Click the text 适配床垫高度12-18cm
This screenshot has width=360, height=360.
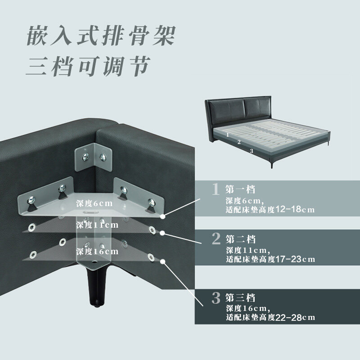(x=270, y=210)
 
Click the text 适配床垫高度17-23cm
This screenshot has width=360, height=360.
(x=270, y=259)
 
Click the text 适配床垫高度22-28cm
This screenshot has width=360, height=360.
(x=270, y=318)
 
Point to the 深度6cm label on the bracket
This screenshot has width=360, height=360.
(x=94, y=203)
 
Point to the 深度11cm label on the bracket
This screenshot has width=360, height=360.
(x=97, y=225)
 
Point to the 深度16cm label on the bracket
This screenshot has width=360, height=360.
(x=97, y=251)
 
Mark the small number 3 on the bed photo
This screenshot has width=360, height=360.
(x=252, y=151)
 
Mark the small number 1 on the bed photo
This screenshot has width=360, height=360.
(x=228, y=134)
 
